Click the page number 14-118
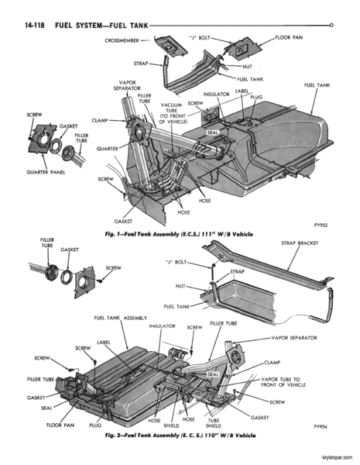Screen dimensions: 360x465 35,26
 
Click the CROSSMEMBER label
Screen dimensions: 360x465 122,40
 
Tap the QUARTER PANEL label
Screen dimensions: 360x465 46,172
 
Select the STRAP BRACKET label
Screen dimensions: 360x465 300,243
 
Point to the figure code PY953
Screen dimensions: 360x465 321,225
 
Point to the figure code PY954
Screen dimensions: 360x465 321,427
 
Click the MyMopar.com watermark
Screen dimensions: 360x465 338,457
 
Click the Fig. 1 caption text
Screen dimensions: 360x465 179,234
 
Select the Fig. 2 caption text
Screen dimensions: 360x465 180,436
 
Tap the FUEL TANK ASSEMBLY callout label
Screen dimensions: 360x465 120,318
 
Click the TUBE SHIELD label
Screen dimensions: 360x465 214,423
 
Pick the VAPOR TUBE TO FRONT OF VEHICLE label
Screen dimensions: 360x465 283,382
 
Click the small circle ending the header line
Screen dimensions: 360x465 331,26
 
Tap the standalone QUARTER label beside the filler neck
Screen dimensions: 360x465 108,149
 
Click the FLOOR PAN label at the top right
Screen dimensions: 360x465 289,38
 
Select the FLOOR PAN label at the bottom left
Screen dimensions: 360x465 60,425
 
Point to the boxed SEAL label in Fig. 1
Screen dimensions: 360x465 212,133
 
